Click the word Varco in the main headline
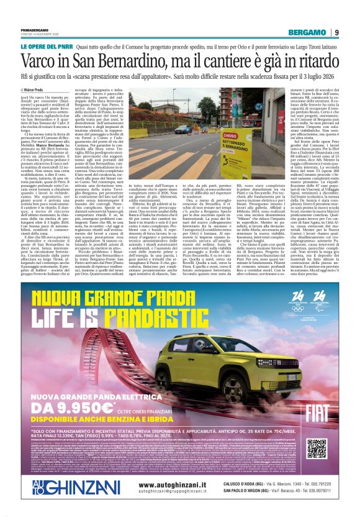pos(55,61)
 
